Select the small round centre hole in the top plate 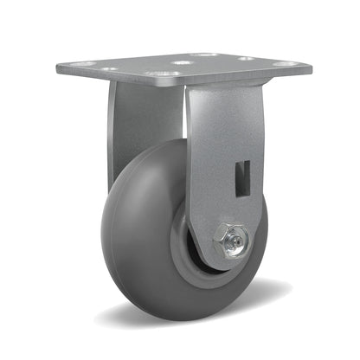pos(183,62)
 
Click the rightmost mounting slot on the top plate pos(281,64)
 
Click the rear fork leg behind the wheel pos(121,130)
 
